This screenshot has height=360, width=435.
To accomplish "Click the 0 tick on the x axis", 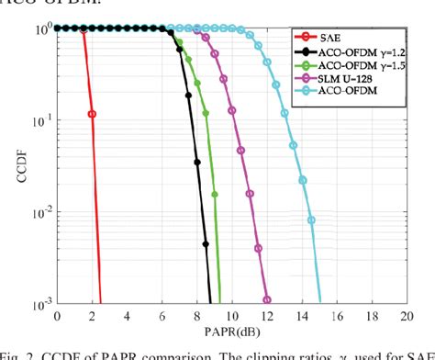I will point(58,315).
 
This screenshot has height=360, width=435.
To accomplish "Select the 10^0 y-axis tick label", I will point(41,29).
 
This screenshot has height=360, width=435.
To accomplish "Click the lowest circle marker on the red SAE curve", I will point(92,114).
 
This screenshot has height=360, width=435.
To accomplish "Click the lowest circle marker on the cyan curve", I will point(312,220).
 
